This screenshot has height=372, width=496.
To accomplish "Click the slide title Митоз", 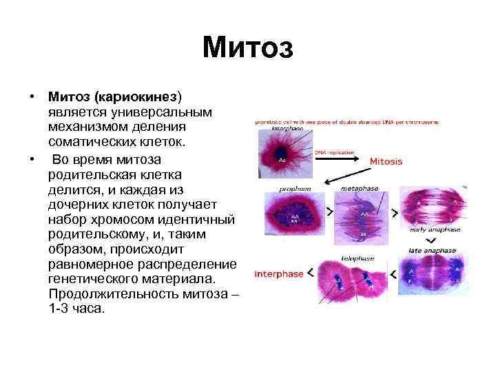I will click(248, 48).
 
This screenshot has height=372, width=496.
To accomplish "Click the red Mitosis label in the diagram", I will click(386, 161).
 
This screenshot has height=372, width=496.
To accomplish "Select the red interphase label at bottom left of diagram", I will click(279, 273).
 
